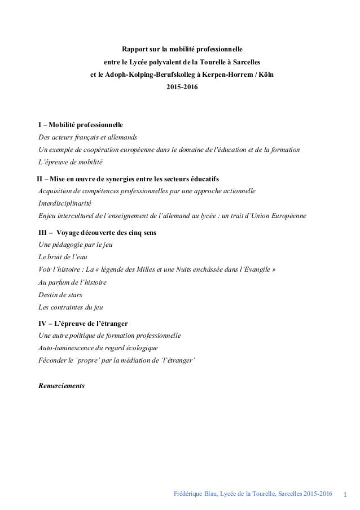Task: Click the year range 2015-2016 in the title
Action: point(182,88)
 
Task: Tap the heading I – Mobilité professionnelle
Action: point(80,124)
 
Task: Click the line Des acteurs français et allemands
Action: point(87,137)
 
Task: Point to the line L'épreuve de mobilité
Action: point(71,163)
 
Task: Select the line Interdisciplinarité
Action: point(64,204)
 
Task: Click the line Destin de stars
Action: point(60,294)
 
